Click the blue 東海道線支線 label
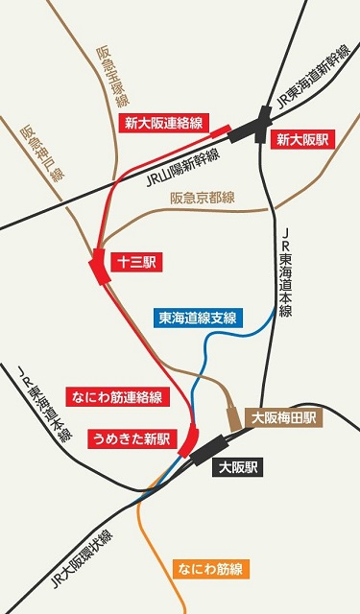coord(201,318)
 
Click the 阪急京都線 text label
coord(202,198)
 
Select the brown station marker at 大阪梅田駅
coord(233,418)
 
